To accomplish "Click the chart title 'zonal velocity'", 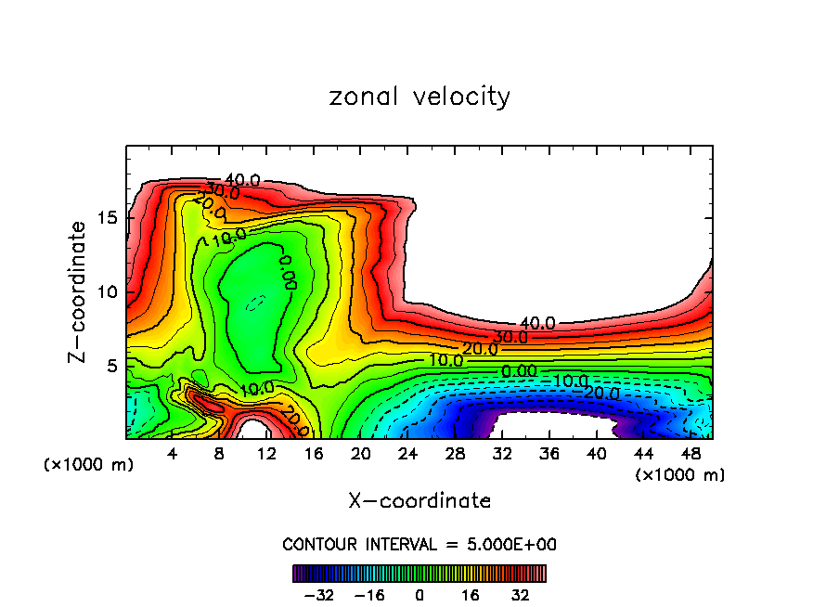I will (419, 97).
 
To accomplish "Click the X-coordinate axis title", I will (419, 501).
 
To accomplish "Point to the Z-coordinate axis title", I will (80, 291).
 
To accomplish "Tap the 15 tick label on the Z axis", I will (109, 218).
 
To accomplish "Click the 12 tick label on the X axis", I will (266, 453).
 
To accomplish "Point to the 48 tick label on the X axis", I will (691, 453).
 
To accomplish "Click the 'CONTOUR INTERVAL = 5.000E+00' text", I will (419, 545).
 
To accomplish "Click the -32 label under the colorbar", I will (318, 594).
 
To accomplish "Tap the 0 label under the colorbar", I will (419, 594).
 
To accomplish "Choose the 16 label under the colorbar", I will (471, 594).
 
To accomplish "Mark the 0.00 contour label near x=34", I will (519, 371).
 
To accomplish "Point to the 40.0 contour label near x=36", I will (536, 323).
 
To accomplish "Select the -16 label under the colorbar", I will (368, 594).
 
